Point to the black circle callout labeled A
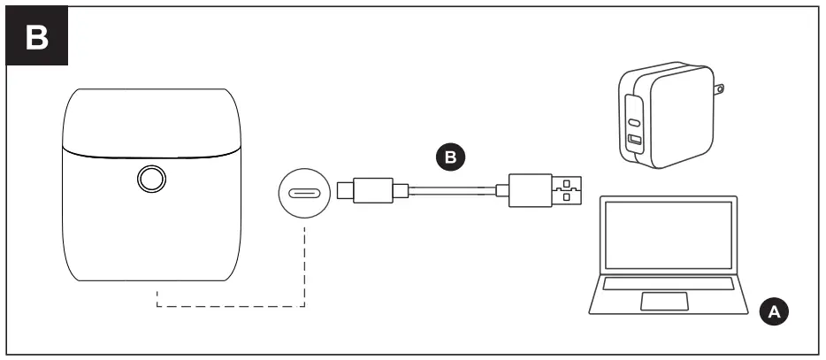click(x=772, y=310)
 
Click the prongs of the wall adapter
click(x=720, y=89)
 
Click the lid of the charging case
click(x=151, y=119)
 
